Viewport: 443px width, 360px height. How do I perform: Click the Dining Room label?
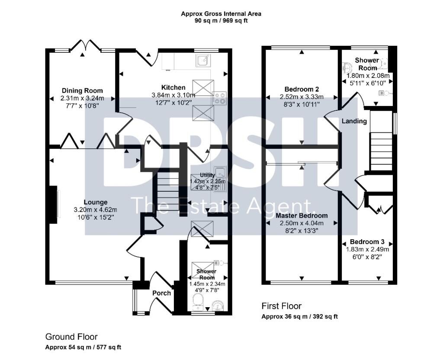(82, 91)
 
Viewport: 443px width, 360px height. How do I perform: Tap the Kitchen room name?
(173, 87)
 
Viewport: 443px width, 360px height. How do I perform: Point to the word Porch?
(162, 293)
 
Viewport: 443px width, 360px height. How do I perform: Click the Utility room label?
(207, 175)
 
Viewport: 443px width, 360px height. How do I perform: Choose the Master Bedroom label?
(302, 215)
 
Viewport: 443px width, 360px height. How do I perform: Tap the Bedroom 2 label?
(302, 89)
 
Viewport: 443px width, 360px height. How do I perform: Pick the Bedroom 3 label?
(367, 242)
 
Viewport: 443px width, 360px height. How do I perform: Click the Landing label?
(354, 121)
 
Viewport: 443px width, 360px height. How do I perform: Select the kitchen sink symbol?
(203, 61)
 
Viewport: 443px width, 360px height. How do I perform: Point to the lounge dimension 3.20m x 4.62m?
(95, 210)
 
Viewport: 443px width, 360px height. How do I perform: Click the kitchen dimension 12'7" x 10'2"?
(173, 102)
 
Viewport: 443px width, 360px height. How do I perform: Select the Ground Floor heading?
(71, 337)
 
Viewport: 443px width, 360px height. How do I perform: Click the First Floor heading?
(281, 306)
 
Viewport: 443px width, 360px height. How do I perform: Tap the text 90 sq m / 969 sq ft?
(221, 21)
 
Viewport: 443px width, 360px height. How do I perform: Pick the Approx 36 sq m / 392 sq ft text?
(299, 316)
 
